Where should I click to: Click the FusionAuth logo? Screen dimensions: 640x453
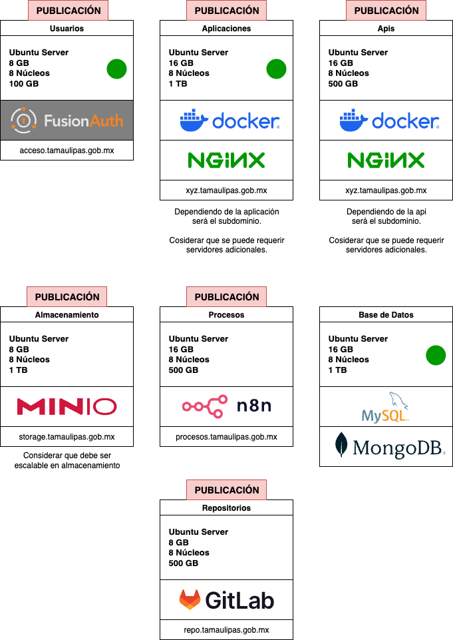tap(67, 121)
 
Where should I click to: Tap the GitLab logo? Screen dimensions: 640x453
tap(226, 600)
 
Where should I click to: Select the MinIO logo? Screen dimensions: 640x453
tap(67, 406)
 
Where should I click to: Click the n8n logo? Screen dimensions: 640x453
tap(226, 406)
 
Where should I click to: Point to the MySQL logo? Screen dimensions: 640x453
tap(386, 407)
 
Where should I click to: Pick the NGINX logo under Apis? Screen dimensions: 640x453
tap(386, 160)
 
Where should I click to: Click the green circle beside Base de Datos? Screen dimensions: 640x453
tap(436, 356)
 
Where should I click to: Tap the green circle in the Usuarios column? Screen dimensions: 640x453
tap(116, 69)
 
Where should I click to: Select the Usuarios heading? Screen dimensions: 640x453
tap(67, 29)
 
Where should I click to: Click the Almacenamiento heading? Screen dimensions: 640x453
tap(67, 315)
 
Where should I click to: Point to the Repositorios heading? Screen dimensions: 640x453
tap(226, 508)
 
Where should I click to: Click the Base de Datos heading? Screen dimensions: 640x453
tap(386, 315)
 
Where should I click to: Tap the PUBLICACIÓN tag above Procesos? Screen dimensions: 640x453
tap(226, 297)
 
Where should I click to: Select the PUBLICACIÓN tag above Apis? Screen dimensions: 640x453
tap(386, 11)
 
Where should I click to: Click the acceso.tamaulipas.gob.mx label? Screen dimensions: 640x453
tap(67, 151)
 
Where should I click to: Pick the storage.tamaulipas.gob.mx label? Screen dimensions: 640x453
tap(67, 437)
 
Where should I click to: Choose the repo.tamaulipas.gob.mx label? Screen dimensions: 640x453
tap(226, 630)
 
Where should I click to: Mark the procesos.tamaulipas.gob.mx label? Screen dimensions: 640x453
tap(226, 437)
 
